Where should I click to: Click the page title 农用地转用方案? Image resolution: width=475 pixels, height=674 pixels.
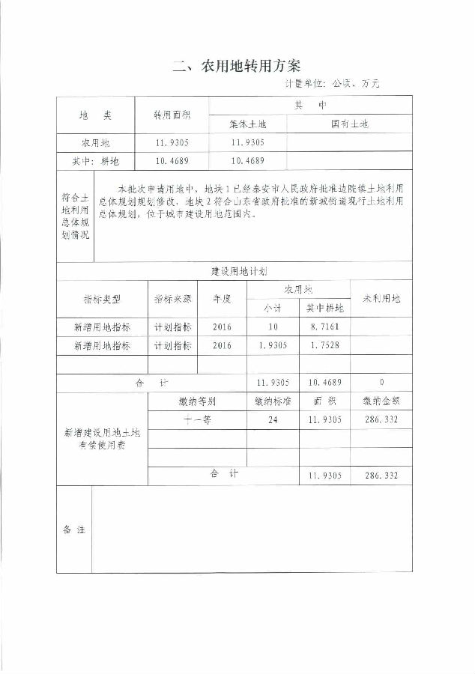[x=237, y=65]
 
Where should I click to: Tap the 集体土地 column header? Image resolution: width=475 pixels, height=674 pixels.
[x=247, y=124]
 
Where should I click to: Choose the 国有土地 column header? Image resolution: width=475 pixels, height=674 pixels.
[x=350, y=124]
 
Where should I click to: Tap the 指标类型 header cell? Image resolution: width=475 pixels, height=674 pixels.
[x=102, y=298]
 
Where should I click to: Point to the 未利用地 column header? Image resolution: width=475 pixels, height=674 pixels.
[x=381, y=298]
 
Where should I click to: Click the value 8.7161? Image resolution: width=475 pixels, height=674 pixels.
[x=325, y=327]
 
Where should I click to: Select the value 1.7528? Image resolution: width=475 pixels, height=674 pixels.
[x=325, y=346]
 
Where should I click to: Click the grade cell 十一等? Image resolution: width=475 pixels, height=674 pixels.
[x=197, y=420]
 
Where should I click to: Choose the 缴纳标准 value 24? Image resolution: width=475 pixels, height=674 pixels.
[x=273, y=420]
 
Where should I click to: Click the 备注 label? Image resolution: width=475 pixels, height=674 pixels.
[x=74, y=529]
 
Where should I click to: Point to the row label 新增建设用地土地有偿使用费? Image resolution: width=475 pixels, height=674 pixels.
[x=102, y=439]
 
